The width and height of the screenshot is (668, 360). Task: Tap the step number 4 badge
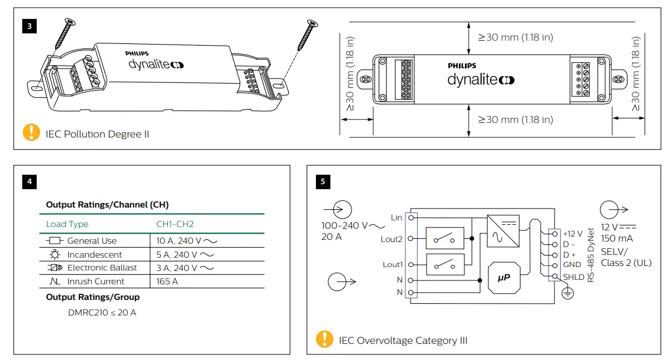(x=29, y=181)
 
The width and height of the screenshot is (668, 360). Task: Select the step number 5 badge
(x=323, y=181)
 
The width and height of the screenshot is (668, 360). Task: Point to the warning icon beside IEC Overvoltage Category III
(x=324, y=339)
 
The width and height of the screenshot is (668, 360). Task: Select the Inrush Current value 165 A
(x=167, y=281)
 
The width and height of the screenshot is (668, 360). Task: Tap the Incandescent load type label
(x=94, y=254)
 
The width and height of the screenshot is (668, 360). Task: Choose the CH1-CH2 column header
(x=175, y=224)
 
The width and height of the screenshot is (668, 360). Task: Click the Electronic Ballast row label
(x=102, y=268)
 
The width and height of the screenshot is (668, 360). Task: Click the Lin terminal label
(x=396, y=218)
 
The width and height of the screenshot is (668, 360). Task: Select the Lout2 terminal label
(x=392, y=239)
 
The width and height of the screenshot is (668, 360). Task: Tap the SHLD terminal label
(x=573, y=277)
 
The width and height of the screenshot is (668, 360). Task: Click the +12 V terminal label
(x=572, y=234)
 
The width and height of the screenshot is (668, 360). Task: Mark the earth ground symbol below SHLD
(x=567, y=293)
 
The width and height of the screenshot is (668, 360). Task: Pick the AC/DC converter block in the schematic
(x=503, y=231)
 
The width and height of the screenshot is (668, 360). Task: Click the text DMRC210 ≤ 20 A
(x=102, y=312)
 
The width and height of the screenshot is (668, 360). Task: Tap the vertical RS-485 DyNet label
(x=591, y=254)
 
